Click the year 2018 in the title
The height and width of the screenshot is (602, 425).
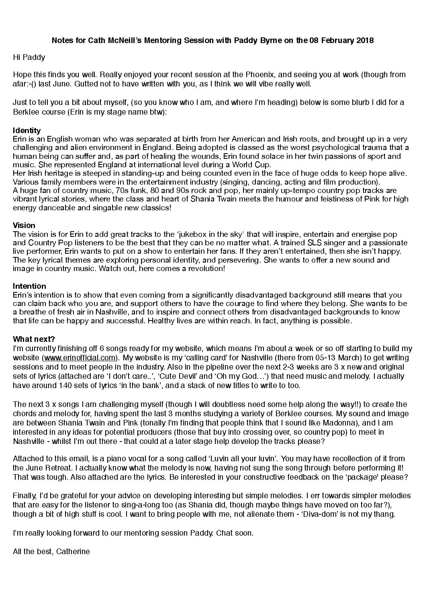[x=365, y=41]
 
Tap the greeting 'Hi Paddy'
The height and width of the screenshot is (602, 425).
[x=29, y=57]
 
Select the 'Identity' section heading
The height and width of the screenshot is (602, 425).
[x=27, y=130]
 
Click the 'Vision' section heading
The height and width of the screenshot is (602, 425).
[x=24, y=225]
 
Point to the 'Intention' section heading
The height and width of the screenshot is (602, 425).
[x=29, y=286]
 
